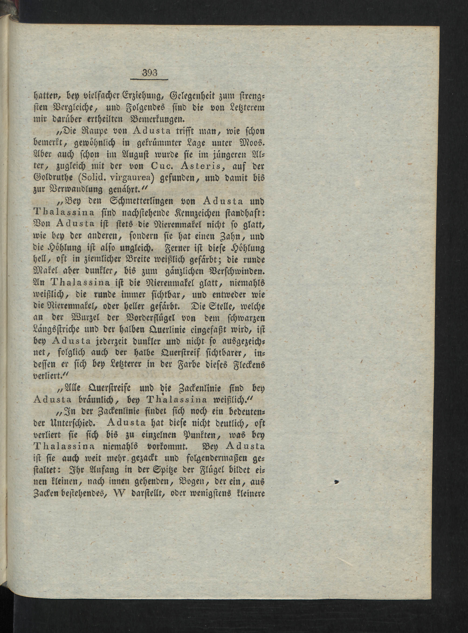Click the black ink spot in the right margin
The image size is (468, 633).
[x=336, y=481]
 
